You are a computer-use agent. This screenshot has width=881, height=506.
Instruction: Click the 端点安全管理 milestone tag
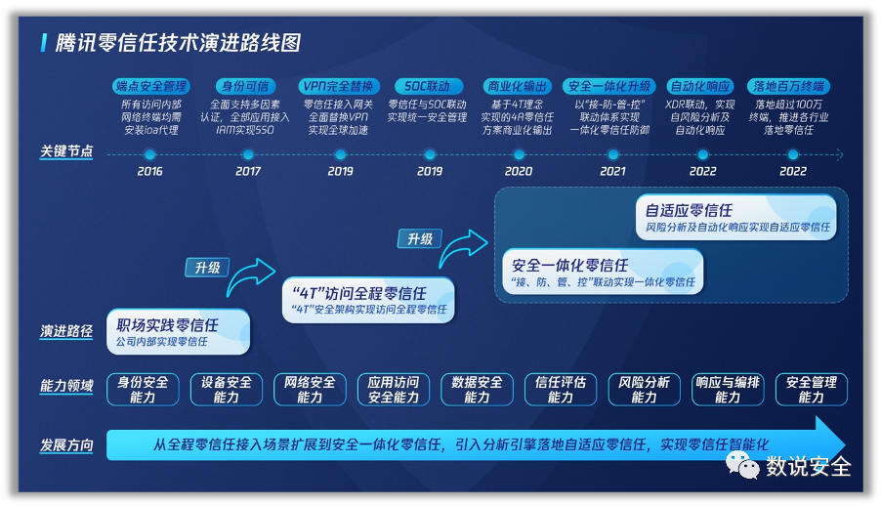coord(150,86)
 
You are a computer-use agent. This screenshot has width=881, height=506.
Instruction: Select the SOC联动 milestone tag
coord(428,86)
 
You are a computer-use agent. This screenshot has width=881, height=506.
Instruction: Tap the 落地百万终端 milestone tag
coord(789,86)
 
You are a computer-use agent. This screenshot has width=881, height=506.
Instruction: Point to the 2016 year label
coord(149,171)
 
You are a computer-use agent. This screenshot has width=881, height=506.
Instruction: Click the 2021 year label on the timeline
coord(612,171)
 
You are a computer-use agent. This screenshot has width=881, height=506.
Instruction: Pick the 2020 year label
coord(518,171)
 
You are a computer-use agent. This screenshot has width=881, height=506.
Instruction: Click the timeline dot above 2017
coord(248,154)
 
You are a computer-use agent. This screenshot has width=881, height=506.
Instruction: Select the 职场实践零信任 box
coord(178,332)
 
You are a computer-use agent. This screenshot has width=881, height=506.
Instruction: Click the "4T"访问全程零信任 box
coord(368,300)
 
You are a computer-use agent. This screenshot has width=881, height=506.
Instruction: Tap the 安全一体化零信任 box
coord(603,272)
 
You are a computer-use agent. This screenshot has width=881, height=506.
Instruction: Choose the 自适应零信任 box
coord(736,217)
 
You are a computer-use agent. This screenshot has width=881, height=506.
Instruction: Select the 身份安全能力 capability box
coord(143,389)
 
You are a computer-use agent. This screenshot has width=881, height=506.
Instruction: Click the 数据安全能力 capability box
coord(477,389)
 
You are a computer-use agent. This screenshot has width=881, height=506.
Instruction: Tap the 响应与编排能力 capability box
coord(728,389)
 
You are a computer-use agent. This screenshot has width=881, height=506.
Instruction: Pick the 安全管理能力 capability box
coord(812,389)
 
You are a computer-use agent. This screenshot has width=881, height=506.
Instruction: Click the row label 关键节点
coord(66,151)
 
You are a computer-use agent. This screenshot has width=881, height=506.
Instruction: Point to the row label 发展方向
coord(66,445)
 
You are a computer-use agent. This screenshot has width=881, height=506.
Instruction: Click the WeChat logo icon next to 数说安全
coord(741,465)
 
